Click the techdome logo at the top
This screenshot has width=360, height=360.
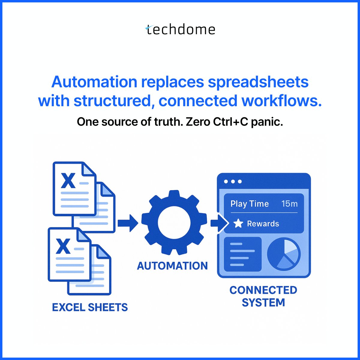180,30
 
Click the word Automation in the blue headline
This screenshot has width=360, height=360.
94,82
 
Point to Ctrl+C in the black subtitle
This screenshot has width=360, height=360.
231,122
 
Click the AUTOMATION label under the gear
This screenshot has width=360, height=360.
172,266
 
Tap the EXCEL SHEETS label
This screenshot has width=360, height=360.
90,307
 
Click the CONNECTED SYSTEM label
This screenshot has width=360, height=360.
263,296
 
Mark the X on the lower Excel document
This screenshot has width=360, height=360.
64,246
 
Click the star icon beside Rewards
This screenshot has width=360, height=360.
238,223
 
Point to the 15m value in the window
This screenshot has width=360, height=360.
289,204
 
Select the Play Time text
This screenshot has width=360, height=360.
250,204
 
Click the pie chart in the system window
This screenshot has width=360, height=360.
284,254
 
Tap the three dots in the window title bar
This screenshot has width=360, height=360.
232,181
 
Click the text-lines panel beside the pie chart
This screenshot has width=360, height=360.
243,254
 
